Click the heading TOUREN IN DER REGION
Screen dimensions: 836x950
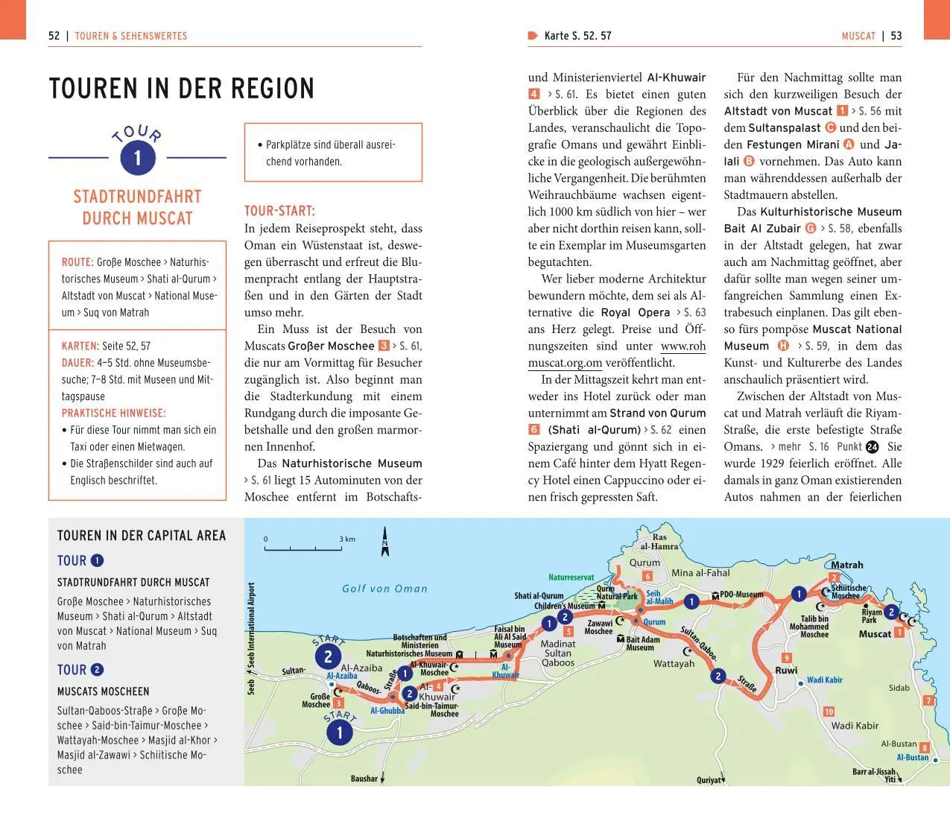click(x=181, y=89)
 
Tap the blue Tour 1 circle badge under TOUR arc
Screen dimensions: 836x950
click(x=137, y=157)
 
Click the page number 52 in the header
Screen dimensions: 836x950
click(x=54, y=36)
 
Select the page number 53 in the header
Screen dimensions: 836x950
click(x=896, y=36)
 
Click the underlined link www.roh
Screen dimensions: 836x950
click(x=683, y=346)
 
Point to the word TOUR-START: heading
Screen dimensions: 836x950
click(x=279, y=211)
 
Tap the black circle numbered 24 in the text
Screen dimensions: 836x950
click(x=873, y=447)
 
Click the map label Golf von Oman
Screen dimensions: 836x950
click(x=384, y=589)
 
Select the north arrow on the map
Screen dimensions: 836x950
click(x=385, y=542)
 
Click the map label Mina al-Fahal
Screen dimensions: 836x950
click(x=700, y=573)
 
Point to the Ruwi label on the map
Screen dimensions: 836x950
click(x=786, y=671)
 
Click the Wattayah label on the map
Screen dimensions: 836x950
click(x=674, y=663)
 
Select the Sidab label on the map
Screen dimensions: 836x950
click(x=899, y=688)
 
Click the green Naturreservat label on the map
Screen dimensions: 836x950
click(x=571, y=577)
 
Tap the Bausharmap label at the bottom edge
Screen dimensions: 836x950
click(x=364, y=779)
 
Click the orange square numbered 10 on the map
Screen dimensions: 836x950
click(x=829, y=712)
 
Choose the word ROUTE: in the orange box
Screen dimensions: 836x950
click(x=77, y=262)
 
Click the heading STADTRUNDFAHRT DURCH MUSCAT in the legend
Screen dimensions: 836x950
click(x=133, y=583)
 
